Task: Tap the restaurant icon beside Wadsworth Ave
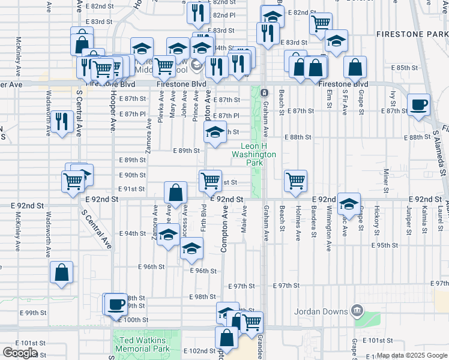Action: (x=61, y=121)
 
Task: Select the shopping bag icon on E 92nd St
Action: (x=175, y=193)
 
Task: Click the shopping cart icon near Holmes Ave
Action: (x=295, y=180)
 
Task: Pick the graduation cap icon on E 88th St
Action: (x=214, y=134)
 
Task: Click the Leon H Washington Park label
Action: (x=258, y=151)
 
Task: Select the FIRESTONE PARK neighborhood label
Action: (x=412, y=35)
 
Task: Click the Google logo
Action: (x=20, y=352)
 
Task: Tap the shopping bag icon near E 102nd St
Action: (x=227, y=338)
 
